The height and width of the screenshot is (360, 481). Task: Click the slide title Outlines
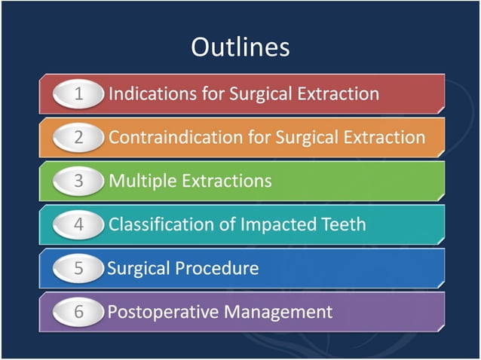(x=240, y=47)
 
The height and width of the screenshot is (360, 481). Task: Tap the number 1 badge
(x=78, y=94)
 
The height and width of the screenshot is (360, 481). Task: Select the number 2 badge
(x=78, y=138)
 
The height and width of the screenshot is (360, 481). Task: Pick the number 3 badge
(x=78, y=182)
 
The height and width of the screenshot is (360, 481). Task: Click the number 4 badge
(x=78, y=224)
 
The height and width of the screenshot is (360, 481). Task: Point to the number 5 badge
(x=78, y=268)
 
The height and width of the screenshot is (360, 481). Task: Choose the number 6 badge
(x=78, y=312)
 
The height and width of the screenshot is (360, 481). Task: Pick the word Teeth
(x=343, y=224)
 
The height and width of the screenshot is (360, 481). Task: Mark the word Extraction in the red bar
(x=336, y=94)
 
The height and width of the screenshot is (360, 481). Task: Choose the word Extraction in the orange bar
(x=382, y=138)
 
